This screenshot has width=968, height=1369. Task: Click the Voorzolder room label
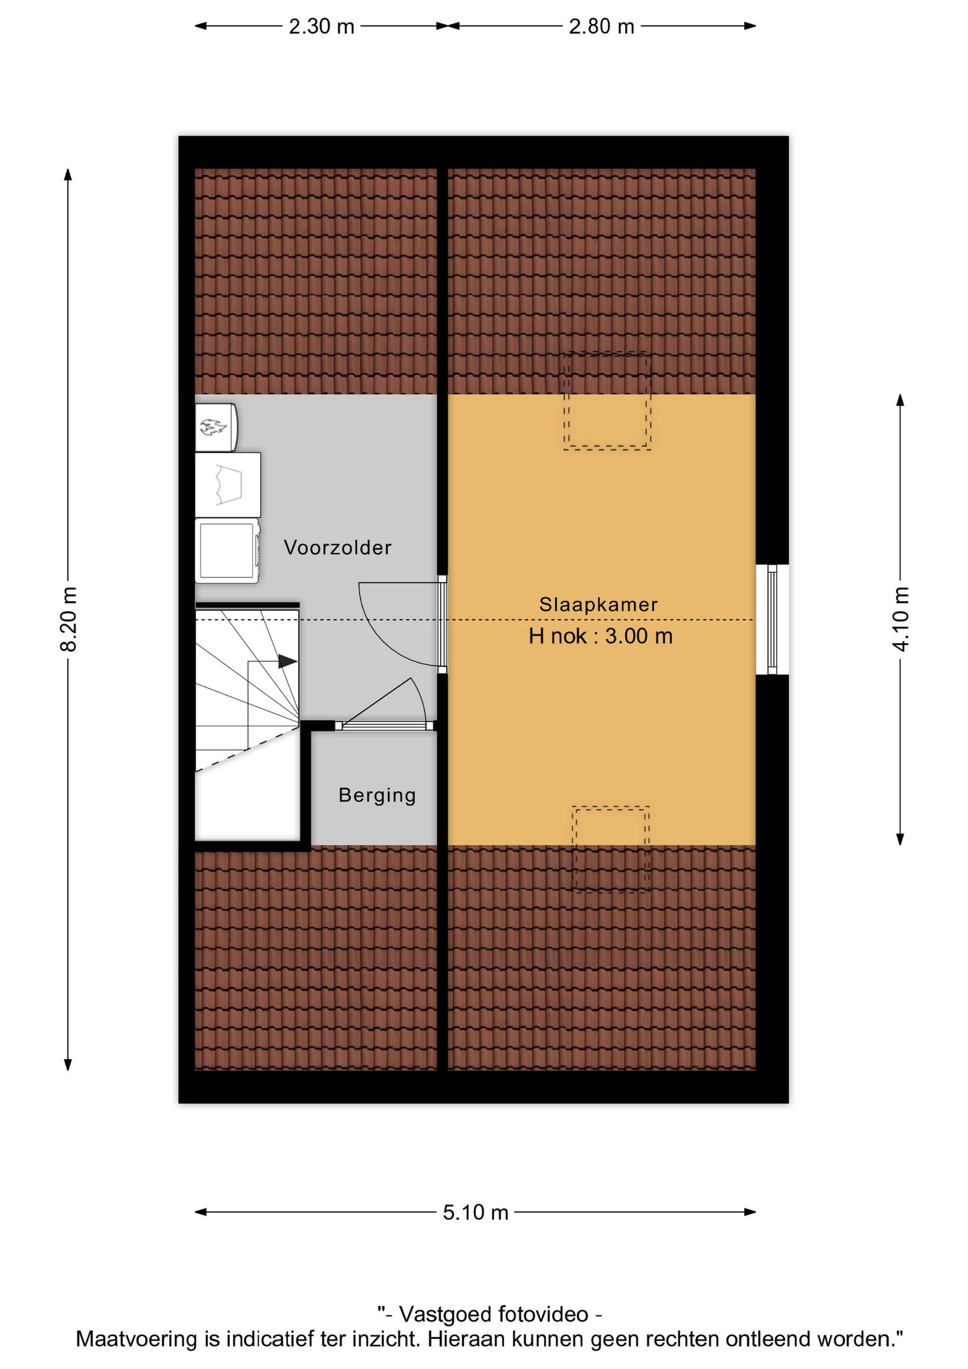338,547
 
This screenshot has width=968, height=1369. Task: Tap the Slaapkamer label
599,604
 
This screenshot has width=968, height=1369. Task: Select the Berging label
377,795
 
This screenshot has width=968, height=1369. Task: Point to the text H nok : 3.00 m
600,636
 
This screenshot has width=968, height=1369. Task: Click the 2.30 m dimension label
322,27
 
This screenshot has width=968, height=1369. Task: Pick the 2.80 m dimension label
602,27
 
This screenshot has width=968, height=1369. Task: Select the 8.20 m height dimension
69,619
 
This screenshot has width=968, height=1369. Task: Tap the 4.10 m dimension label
901,619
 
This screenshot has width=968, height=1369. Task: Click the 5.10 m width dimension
476,1212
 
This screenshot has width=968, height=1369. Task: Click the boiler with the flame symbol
216,426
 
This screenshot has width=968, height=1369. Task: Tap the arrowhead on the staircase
288,661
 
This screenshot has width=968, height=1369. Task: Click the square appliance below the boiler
228,485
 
